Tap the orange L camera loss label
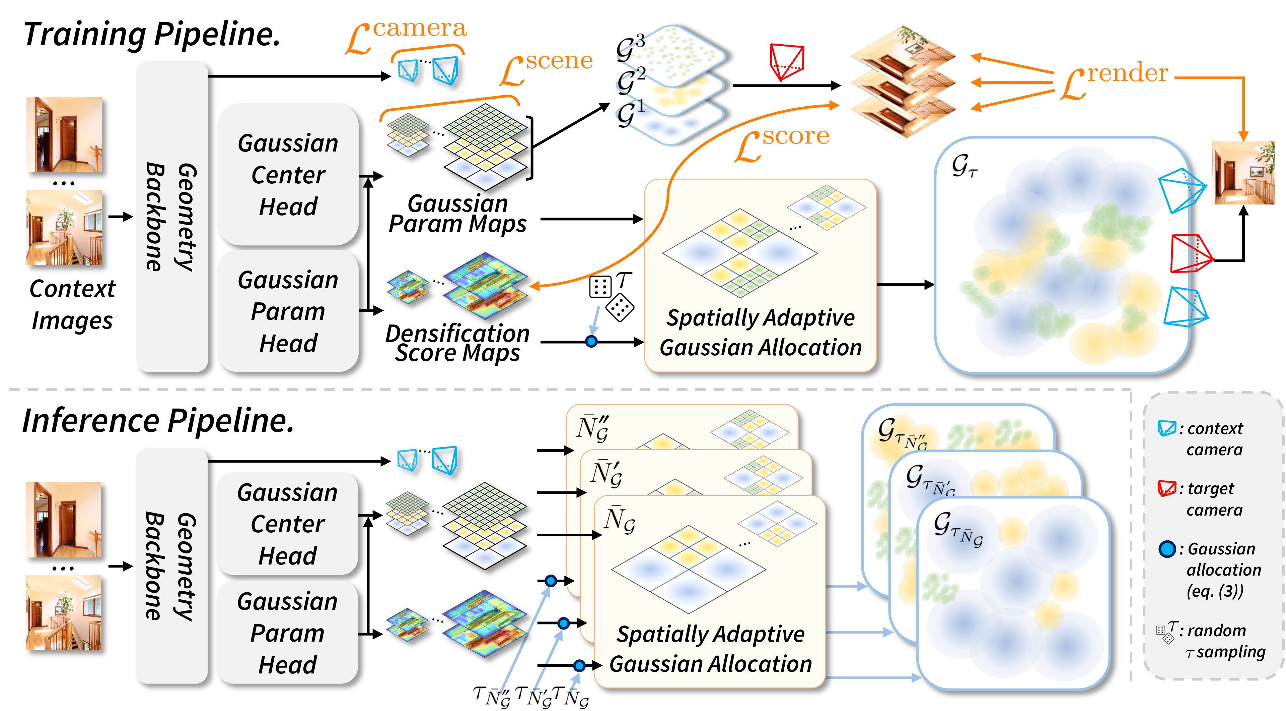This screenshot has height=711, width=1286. click(x=405, y=35)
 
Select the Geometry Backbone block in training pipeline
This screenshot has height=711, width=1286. click(x=172, y=216)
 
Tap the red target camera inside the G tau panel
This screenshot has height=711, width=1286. click(x=1190, y=253)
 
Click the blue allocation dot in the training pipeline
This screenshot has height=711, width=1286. click(x=591, y=342)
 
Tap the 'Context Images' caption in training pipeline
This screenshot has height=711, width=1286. click(x=72, y=304)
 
